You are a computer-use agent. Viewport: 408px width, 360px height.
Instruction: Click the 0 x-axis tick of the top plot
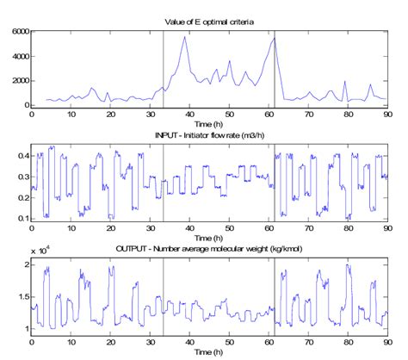(x=32, y=114)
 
